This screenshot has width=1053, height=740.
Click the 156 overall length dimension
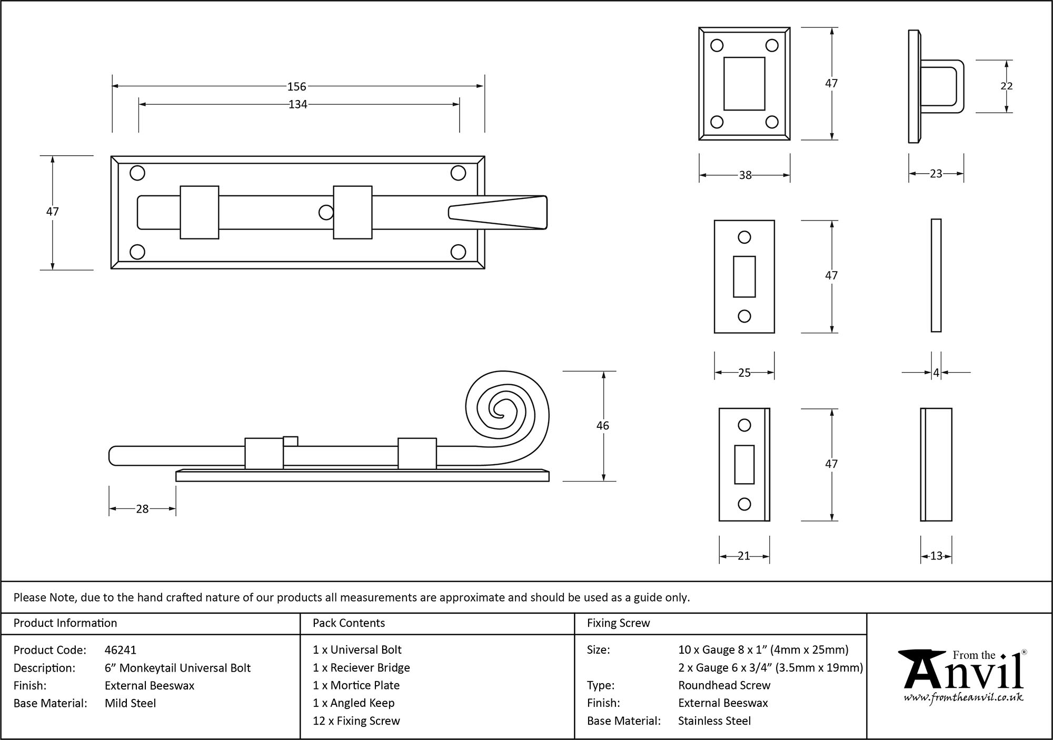pyautogui.click(x=296, y=86)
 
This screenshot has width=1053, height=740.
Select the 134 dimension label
pyautogui.click(x=297, y=105)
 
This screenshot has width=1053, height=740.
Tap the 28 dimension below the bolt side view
pyautogui.click(x=142, y=509)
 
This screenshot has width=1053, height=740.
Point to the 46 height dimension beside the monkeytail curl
pyautogui.click(x=602, y=425)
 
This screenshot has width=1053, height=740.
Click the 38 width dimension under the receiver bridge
pyautogui.click(x=745, y=175)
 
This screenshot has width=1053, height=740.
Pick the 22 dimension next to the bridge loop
pyautogui.click(x=1006, y=86)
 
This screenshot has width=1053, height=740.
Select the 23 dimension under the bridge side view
pyautogui.click(x=936, y=174)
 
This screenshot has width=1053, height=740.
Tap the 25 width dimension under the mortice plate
pyautogui.click(x=744, y=373)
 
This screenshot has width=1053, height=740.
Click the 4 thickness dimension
pyautogui.click(x=936, y=373)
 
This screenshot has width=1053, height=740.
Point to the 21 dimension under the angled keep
pyautogui.click(x=743, y=556)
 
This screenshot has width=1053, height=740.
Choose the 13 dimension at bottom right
pyautogui.click(x=936, y=556)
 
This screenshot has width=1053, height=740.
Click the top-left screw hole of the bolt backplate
pyautogui.click(x=137, y=173)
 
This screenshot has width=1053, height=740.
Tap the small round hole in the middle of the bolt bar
pyautogui.click(x=326, y=213)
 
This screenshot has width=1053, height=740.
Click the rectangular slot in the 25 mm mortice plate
pyautogui.click(x=744, y=277)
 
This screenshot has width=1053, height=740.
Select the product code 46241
pyautogui.click(x=121, y=650)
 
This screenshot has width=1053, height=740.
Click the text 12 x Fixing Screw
pyautogui.click(x=356, y=721)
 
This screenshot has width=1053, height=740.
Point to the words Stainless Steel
pyautogui.click(x=714, y=721)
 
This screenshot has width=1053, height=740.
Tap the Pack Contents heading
pyautogui.click(x=349, y=623)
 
